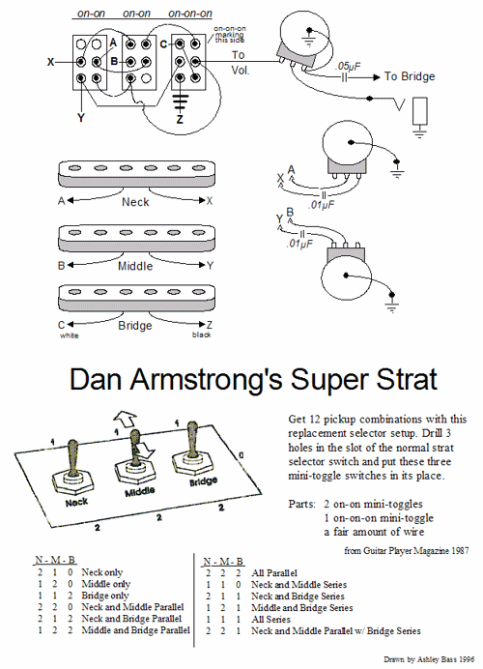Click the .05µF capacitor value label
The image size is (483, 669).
point(348,67)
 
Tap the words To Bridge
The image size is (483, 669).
point(410,76)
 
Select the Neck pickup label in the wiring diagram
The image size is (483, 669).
point(135,202)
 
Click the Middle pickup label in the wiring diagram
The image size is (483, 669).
point(135,266)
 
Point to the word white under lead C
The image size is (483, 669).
point(69,335)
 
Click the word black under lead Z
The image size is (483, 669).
point(201,334)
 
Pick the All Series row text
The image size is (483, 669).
point(270,619)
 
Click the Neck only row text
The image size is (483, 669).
point(101,572)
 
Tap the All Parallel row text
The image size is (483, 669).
point(274,573)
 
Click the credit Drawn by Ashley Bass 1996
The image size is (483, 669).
point(429,659)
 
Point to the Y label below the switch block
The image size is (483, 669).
point(81,118)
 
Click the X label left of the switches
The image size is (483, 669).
point(51,62)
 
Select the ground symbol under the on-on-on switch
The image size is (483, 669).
point(181,102)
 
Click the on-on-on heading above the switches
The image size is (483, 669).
point(190,14)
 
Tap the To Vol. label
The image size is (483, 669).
point(240,62)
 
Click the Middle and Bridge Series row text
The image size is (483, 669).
point(302,607)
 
